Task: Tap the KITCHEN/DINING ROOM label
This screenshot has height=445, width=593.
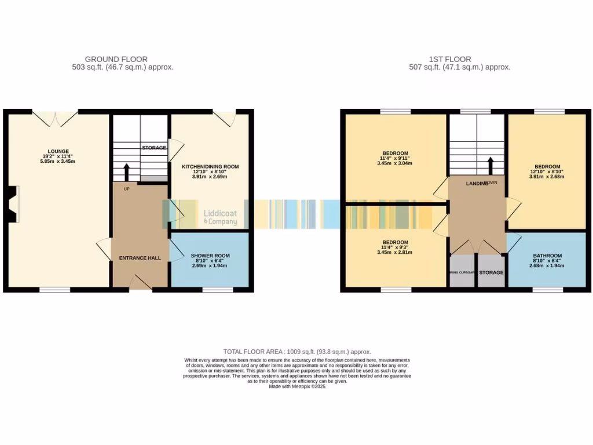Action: pos(211,167)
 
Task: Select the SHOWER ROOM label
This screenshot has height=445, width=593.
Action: pos(210,256)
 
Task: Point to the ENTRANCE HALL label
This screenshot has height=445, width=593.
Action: pos(140,258)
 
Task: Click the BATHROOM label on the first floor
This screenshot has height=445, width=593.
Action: pos(547,256)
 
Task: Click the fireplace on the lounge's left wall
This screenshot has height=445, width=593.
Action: pos(13,204)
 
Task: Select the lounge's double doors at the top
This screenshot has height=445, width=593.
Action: pos(55,118)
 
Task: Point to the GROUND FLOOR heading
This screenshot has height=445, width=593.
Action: pos(116,59)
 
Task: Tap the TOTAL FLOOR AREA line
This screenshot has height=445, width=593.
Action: pos(297,352)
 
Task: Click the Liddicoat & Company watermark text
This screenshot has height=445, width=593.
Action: pos(220,217)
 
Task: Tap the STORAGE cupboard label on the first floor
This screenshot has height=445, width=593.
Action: pos(491,272)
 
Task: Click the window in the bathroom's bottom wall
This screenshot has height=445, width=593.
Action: pos(547,289)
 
